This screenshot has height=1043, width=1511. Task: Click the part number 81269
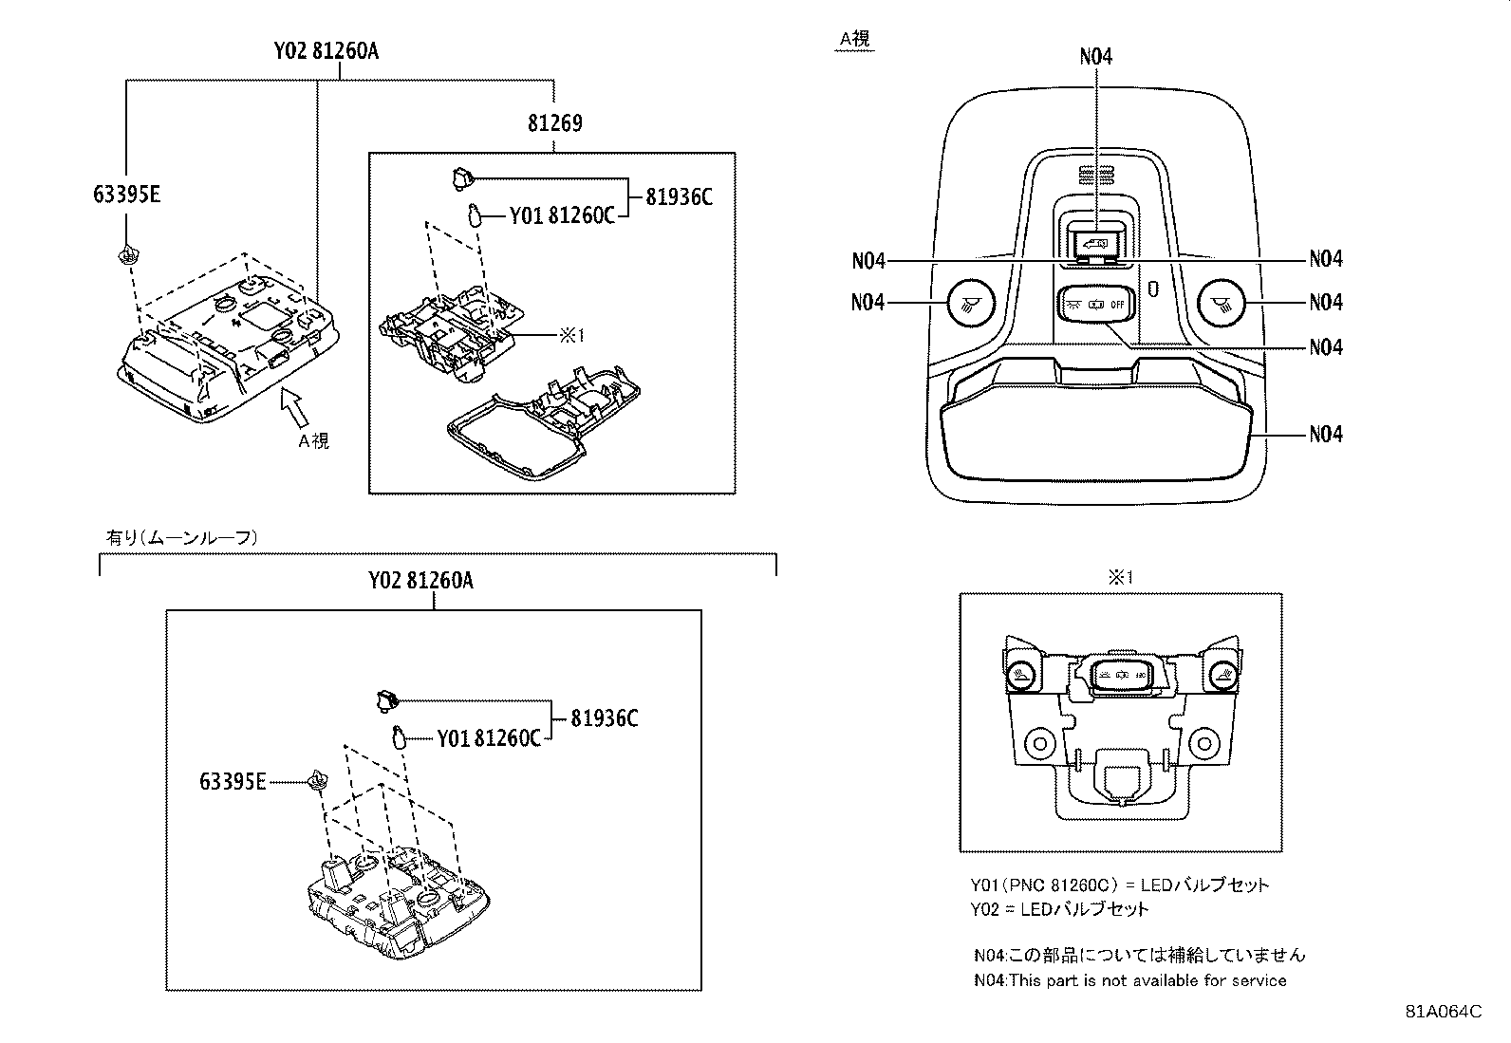554,123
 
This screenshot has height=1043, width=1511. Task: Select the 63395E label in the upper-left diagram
126,195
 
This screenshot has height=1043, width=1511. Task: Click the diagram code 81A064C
1444,1012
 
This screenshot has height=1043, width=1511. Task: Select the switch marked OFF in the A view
1095,306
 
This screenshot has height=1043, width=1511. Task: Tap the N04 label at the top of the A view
1095,57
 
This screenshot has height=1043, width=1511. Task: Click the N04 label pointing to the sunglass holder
1325,435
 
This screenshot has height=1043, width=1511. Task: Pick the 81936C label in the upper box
679,197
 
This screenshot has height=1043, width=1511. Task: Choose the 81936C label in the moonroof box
605,718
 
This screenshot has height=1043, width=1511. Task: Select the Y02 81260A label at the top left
320,51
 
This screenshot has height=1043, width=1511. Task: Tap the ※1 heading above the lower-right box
1120,577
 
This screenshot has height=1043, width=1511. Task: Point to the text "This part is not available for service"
1148,980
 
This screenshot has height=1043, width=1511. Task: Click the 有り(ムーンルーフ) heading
180,537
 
